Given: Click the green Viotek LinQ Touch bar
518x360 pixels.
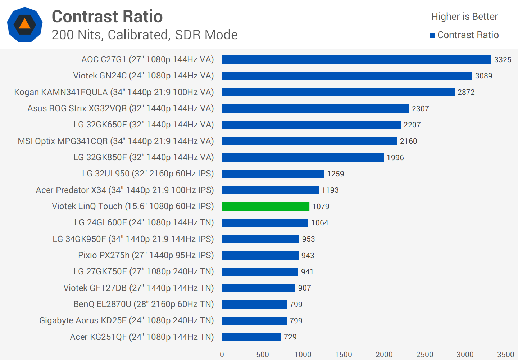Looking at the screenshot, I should [x=265, y=206].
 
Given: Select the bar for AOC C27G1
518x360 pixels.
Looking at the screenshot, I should [x=356, y=59].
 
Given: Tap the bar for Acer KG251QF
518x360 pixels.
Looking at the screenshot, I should [x=251, y=337].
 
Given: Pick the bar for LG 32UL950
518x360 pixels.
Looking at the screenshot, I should [x=273, y=174].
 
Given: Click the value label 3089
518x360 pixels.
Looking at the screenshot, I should [x=483, y=76].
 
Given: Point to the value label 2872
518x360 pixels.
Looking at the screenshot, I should [x=466, y=92].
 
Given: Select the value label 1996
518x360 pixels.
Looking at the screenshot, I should [x=395, y=158].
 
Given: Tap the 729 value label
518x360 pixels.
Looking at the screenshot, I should [x=290, y=337].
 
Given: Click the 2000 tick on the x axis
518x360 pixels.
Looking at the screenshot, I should [x=384, y=355].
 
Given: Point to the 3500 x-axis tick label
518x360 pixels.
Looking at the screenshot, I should [x=505, y=355].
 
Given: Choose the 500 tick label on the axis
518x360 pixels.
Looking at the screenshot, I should [x=262, y=355].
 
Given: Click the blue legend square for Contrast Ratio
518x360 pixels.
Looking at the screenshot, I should [x=432, y=35].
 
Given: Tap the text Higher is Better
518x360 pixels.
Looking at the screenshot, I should [x=464, y=17].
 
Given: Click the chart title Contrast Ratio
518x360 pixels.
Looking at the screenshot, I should [x=107, y=17].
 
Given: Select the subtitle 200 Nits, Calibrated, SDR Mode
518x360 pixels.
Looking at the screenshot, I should [x=145, y=35].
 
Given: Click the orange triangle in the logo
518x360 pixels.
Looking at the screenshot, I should [x=24, y=24].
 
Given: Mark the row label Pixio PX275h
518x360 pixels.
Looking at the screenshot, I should [x=146, y=255].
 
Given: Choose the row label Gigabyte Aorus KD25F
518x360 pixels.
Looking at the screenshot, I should [x=126, y=320].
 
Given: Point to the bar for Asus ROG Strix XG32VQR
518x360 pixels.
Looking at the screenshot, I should [x=315, y=108].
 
